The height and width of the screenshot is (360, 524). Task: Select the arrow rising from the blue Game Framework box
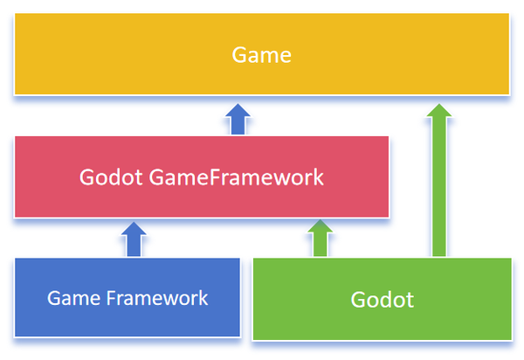[x=133, y=239]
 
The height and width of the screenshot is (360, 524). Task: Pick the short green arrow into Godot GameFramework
[x=321, y=239]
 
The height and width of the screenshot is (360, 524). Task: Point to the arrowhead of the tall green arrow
[x=441, y=111]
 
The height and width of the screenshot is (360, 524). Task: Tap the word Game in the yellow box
[x=260, y=55]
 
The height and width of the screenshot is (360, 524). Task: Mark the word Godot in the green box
[x=382, y=300]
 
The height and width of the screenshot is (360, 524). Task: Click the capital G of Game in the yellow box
[x=238, y=55]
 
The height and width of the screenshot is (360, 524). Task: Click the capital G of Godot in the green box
[x=358, y=300]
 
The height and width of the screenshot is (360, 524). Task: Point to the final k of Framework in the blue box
[x=203, y=298]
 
